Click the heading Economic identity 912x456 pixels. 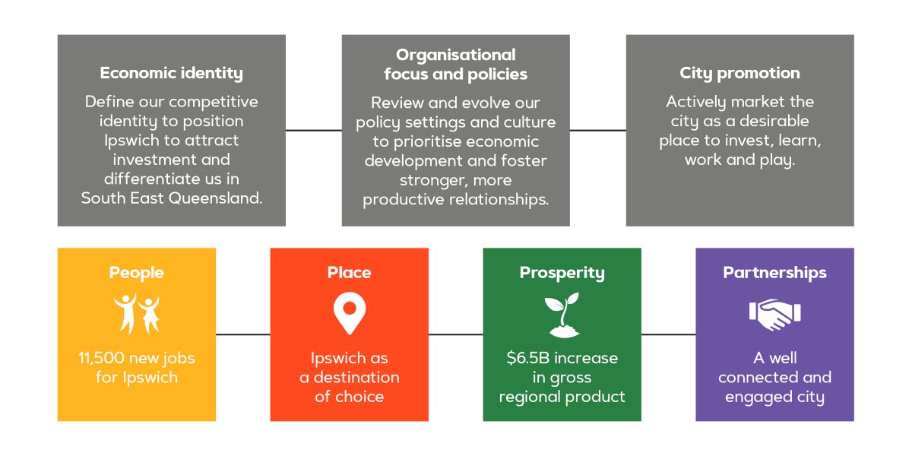[172, 74]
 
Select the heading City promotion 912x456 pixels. [739, 74]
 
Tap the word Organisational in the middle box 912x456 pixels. [455, 55]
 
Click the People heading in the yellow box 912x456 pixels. [136, 273]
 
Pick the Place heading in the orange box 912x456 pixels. [350, 272]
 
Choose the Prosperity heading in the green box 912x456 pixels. [562, 273]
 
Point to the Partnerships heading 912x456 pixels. [774, 273]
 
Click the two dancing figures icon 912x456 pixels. [136, 314]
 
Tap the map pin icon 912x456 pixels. [350, 313]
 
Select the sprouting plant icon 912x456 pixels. [562, 315]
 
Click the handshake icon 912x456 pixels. [774, 315]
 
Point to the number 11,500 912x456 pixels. [101, 358]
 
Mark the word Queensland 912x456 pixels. [215, 198]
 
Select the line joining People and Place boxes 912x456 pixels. [243, 334]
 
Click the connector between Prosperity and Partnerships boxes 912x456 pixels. [669, 334]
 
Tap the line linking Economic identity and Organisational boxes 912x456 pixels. [313, 131]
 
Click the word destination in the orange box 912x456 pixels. [356, 378]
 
